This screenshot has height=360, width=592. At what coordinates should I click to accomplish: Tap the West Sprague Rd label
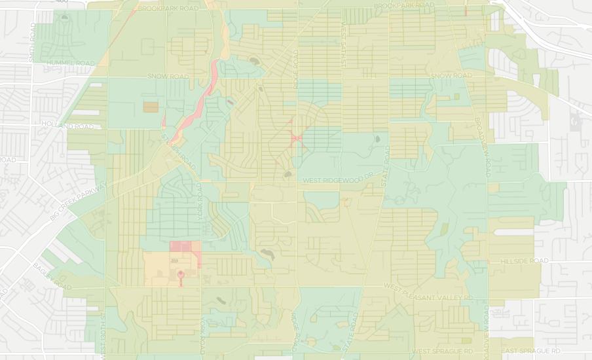pos(442,351)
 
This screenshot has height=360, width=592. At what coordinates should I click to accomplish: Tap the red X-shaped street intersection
pos(295,138)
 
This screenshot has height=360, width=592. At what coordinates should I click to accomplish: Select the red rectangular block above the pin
pos(185,246)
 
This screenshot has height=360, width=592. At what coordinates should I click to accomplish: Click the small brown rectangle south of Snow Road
pos(151,105)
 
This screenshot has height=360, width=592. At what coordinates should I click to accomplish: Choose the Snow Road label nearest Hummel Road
pos(168,77)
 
